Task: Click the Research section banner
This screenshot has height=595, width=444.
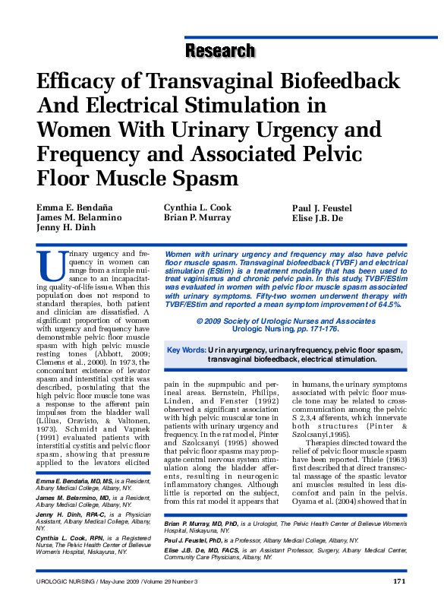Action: pos(220,51)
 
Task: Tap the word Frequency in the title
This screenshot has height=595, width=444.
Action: pos(90,156)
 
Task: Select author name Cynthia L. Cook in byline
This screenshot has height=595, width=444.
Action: pos(197,208)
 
